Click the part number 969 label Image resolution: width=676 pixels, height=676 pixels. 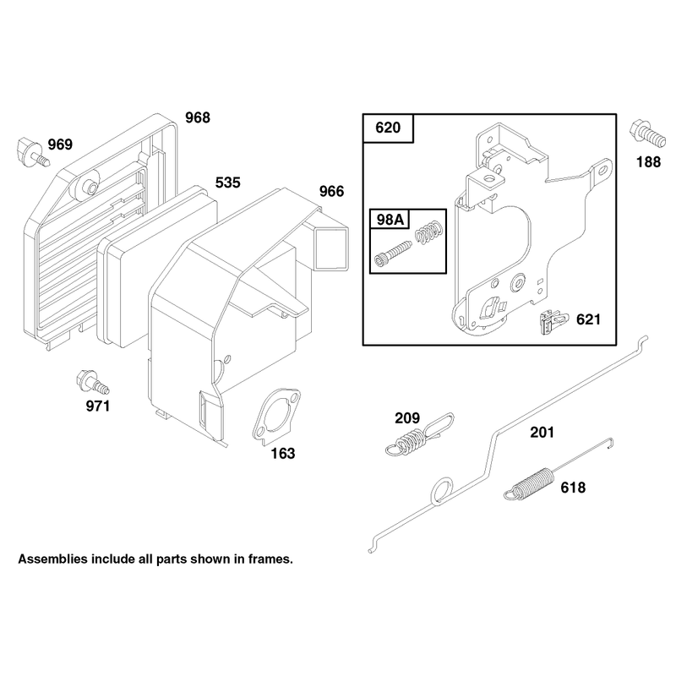pyautogui.click(x=60, y=144)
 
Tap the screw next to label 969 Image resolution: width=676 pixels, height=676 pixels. pyautogui.click(x=33, y=152)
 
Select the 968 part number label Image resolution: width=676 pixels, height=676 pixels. pyautogui.click(x=198, y=117)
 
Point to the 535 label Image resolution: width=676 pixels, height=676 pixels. pyautogui.click(x=227, y=183)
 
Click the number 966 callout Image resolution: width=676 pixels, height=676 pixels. pyautogui.click(x=331, y=192)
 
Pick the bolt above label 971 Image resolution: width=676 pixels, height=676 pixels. pyautogui.click(x=92, y=383)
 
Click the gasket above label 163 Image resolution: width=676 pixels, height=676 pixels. pyautogui.click(x=276, y=415)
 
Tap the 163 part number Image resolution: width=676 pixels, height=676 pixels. pyautogui.click(x=283, y=454)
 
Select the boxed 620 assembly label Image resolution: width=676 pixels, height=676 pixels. pyautogui.click(x=388, y=128)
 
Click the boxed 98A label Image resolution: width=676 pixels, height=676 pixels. pyautogui.click(x=390, y=220)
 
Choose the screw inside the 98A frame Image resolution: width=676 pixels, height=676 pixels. pyautogui.click(x=393, y=253)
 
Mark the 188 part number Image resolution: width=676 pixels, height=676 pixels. pyautogui.click(x=648, y=162)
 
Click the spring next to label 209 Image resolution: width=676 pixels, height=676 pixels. pyautogui.click(x=419, y=435)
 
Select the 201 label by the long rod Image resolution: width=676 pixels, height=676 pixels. pyautogui.click(x=542, y=433)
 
